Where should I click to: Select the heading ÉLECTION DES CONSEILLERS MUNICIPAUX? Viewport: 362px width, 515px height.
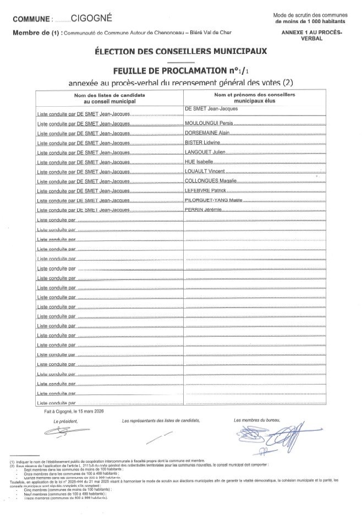(x=180, y=52)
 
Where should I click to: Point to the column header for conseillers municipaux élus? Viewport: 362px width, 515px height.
(x=256, y=98)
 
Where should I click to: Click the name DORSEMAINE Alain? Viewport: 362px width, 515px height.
(x=208, y=134)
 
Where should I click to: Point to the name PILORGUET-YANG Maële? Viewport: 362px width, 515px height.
(x=215, y=200)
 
